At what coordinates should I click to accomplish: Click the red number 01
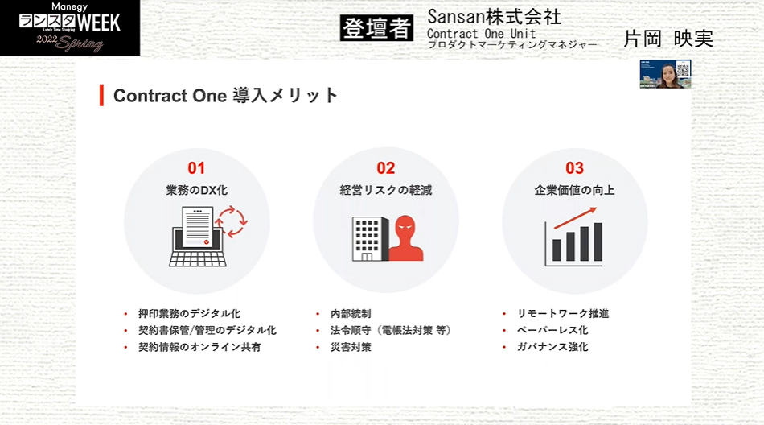click(x=196, y=168)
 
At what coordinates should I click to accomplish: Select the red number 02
click(x=385, y=168)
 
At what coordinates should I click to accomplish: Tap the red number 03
click(x=574, y=168)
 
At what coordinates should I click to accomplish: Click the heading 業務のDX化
click(x=196, y=190)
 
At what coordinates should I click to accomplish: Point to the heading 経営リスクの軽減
click(x=385, y=190)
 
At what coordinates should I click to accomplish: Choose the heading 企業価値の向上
click(x=574, y=190)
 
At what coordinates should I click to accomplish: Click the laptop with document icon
click(x=197, y=237)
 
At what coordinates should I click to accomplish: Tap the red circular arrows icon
click(x=232, y=221)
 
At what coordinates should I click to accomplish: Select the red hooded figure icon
click(x=405, y=238)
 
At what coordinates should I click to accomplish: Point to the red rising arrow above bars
click(x=576, y=217)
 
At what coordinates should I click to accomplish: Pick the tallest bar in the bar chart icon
click(x=598, y=242)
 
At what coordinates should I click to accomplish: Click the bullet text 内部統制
click(x=351, y=313)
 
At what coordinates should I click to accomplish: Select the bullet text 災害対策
click(x=351, y=347)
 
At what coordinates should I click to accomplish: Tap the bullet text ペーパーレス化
click(x=552, y=330)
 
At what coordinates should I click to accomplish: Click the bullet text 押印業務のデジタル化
click(x=189, y=313)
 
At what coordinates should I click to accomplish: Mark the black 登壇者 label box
click(x=376, y=28)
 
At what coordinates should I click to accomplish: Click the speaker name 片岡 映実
click(x=668, y=39)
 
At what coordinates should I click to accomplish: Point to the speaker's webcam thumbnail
click(x=666, y=74)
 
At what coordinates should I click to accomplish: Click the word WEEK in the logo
click(x=99, y=23)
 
